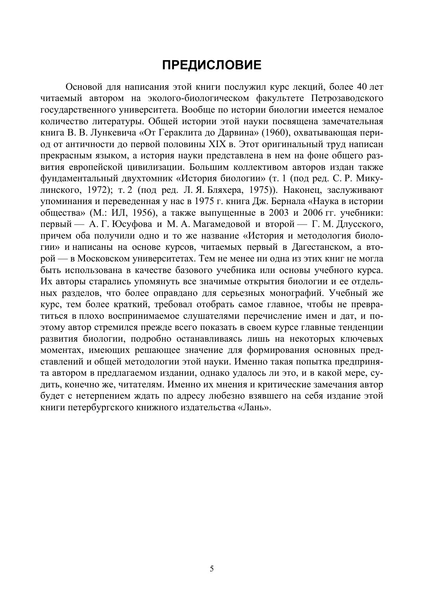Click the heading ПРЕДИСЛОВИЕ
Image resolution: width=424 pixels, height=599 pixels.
tap(212, 65)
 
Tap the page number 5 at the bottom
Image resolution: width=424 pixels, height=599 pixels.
tap(212, 569)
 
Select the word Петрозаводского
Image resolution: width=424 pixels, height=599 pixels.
tap(347, 99)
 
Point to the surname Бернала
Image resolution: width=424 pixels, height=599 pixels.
tap(289, 201)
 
